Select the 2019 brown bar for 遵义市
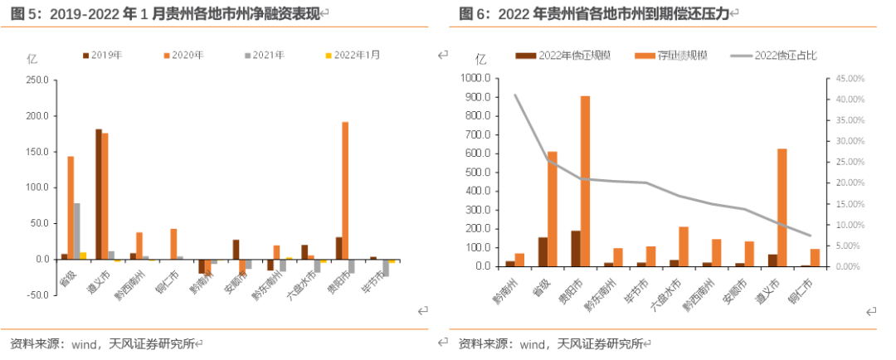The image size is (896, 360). (x=99, y=194)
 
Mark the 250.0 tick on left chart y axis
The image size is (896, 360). (x=35, y=80)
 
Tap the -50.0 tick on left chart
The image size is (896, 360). (x=35, y=294)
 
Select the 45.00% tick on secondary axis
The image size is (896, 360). (x=849, y=79)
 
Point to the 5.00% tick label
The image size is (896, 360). (x=849, y=246)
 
